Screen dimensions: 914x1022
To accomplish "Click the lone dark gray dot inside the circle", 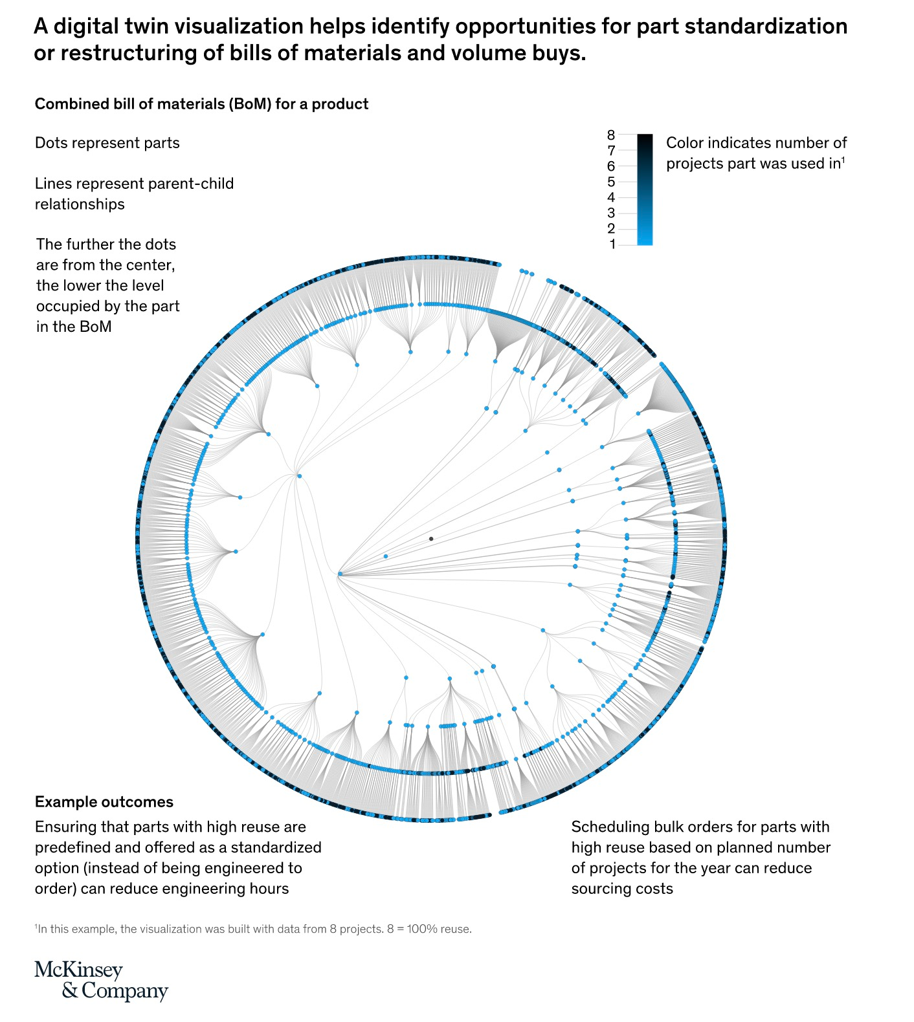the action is (x=431, y=539).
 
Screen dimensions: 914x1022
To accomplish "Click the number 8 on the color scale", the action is (x=611, y=135).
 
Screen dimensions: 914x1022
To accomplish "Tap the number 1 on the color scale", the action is (x=612, y=245).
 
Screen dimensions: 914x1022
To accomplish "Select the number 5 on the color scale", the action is (x=611, y=182).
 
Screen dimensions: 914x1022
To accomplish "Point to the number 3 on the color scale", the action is (x=611, y=213).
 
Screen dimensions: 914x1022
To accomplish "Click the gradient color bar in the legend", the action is (x=645, y=190).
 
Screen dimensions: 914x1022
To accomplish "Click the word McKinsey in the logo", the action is (x=78, y=970).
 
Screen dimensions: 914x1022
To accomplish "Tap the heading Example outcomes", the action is (x=104, y=802).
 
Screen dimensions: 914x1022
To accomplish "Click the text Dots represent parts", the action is (x=107, y=143).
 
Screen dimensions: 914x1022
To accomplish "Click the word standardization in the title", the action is (x=766, y=26).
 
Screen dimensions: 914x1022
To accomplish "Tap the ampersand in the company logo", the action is (x=70, y=991).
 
